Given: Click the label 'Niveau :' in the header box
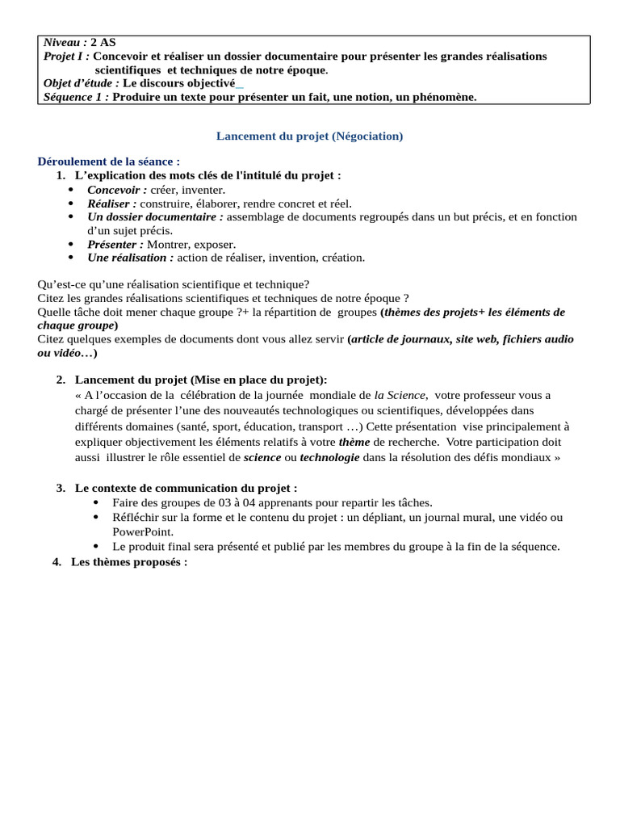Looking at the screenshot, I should (x=66, y=43).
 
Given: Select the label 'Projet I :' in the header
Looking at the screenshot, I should (x=66, y=57).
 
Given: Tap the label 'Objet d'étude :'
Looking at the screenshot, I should (x=82, y=83).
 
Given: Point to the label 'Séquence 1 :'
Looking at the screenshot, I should (x=77, y=97).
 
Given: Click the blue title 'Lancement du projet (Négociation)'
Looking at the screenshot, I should (x=309, y=136).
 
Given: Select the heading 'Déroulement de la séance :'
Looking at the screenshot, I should (x=109, y=162).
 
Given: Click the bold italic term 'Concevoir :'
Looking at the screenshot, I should (x=117, y=190).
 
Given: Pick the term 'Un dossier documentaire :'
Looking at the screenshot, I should (x=156, y=217).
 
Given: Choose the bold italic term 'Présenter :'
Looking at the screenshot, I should (x=115, y=244).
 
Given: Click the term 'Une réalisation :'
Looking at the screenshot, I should (x=131, y=258).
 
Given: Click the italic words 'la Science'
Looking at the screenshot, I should (x=400, y=395).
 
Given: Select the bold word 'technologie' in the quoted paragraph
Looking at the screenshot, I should (x=329, y=458).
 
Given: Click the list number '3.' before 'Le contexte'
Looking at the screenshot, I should (x=61, y=488).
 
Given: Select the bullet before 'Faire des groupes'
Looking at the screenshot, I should (x=97, y=502).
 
